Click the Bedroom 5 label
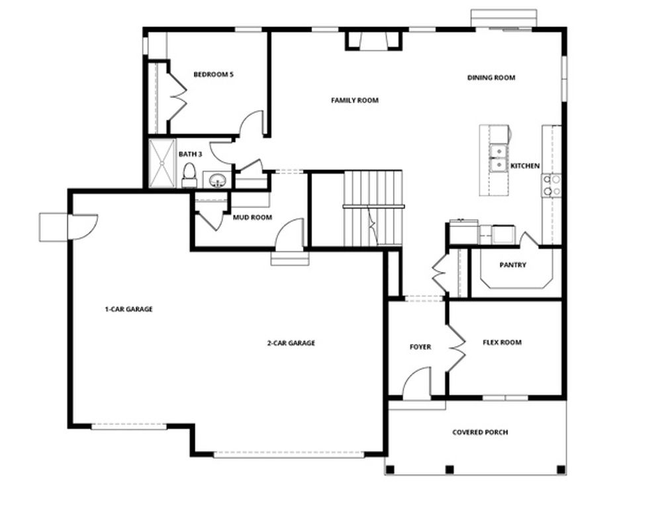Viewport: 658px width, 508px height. pyautogui.click(x=213, y=75)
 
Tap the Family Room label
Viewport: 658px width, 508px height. pyautogui.click(x=355, y=101)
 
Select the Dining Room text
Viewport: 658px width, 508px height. pyautogui.click(x=491, y=77)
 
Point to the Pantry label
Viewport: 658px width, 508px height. pyautogui.click(x=513, y=265)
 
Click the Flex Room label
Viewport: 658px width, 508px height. pyautogui.click(x=502, y=343)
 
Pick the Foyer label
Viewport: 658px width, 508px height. pyautogui.click(x=420, y=347)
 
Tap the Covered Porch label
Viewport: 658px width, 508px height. pyautogui.click(x=481, y=433)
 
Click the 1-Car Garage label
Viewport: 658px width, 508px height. pyautogui.click(x=128, y=309)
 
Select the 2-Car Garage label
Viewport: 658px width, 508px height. pyautogui.click(x=291, y=343)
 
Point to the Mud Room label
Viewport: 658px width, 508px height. pyautogui.click(x=252, y=217)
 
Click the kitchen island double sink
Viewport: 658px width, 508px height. pyautogui.click(x=498, y=158)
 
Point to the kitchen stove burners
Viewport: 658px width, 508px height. pyautogui.click(x=551, y=186)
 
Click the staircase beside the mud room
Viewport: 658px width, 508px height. pyautogui.click(x=373, y=206)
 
